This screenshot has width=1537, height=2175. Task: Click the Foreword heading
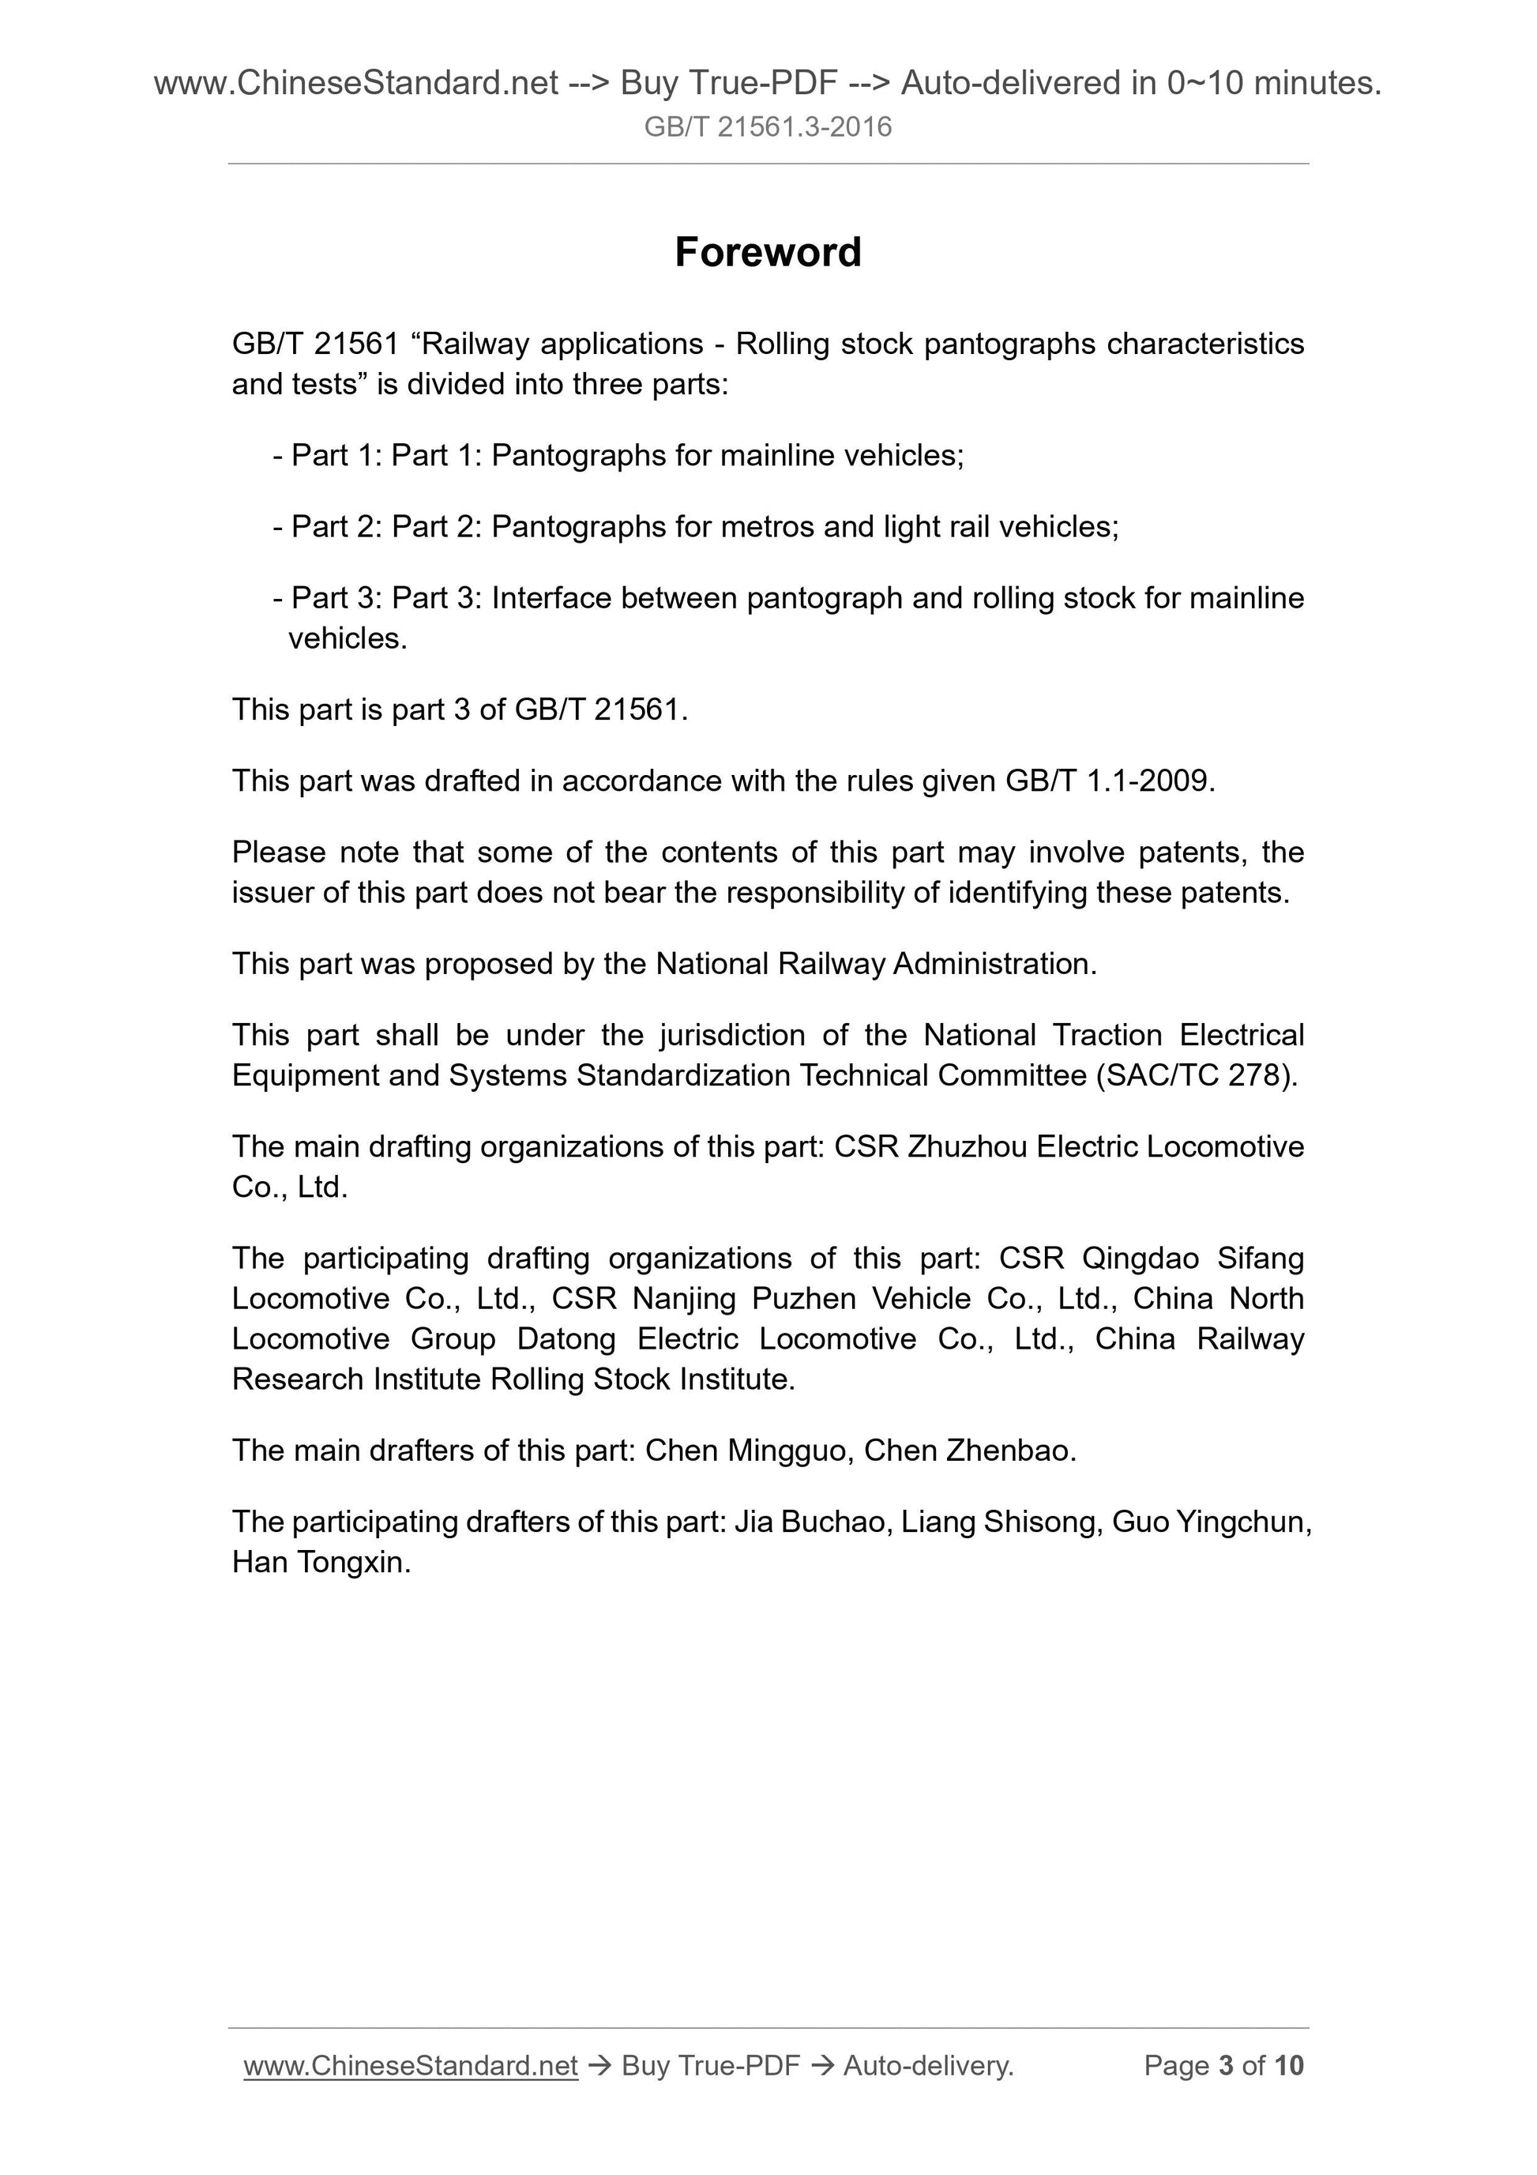point(768,252)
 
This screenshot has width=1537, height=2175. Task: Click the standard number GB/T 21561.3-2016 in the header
point(767,127)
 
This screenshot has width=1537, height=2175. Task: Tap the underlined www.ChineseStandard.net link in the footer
point(410,2065)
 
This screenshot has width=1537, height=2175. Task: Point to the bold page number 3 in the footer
point(1227,2065)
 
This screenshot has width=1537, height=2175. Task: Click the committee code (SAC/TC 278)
point(1196,1075)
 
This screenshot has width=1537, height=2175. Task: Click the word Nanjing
point(684,1298)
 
